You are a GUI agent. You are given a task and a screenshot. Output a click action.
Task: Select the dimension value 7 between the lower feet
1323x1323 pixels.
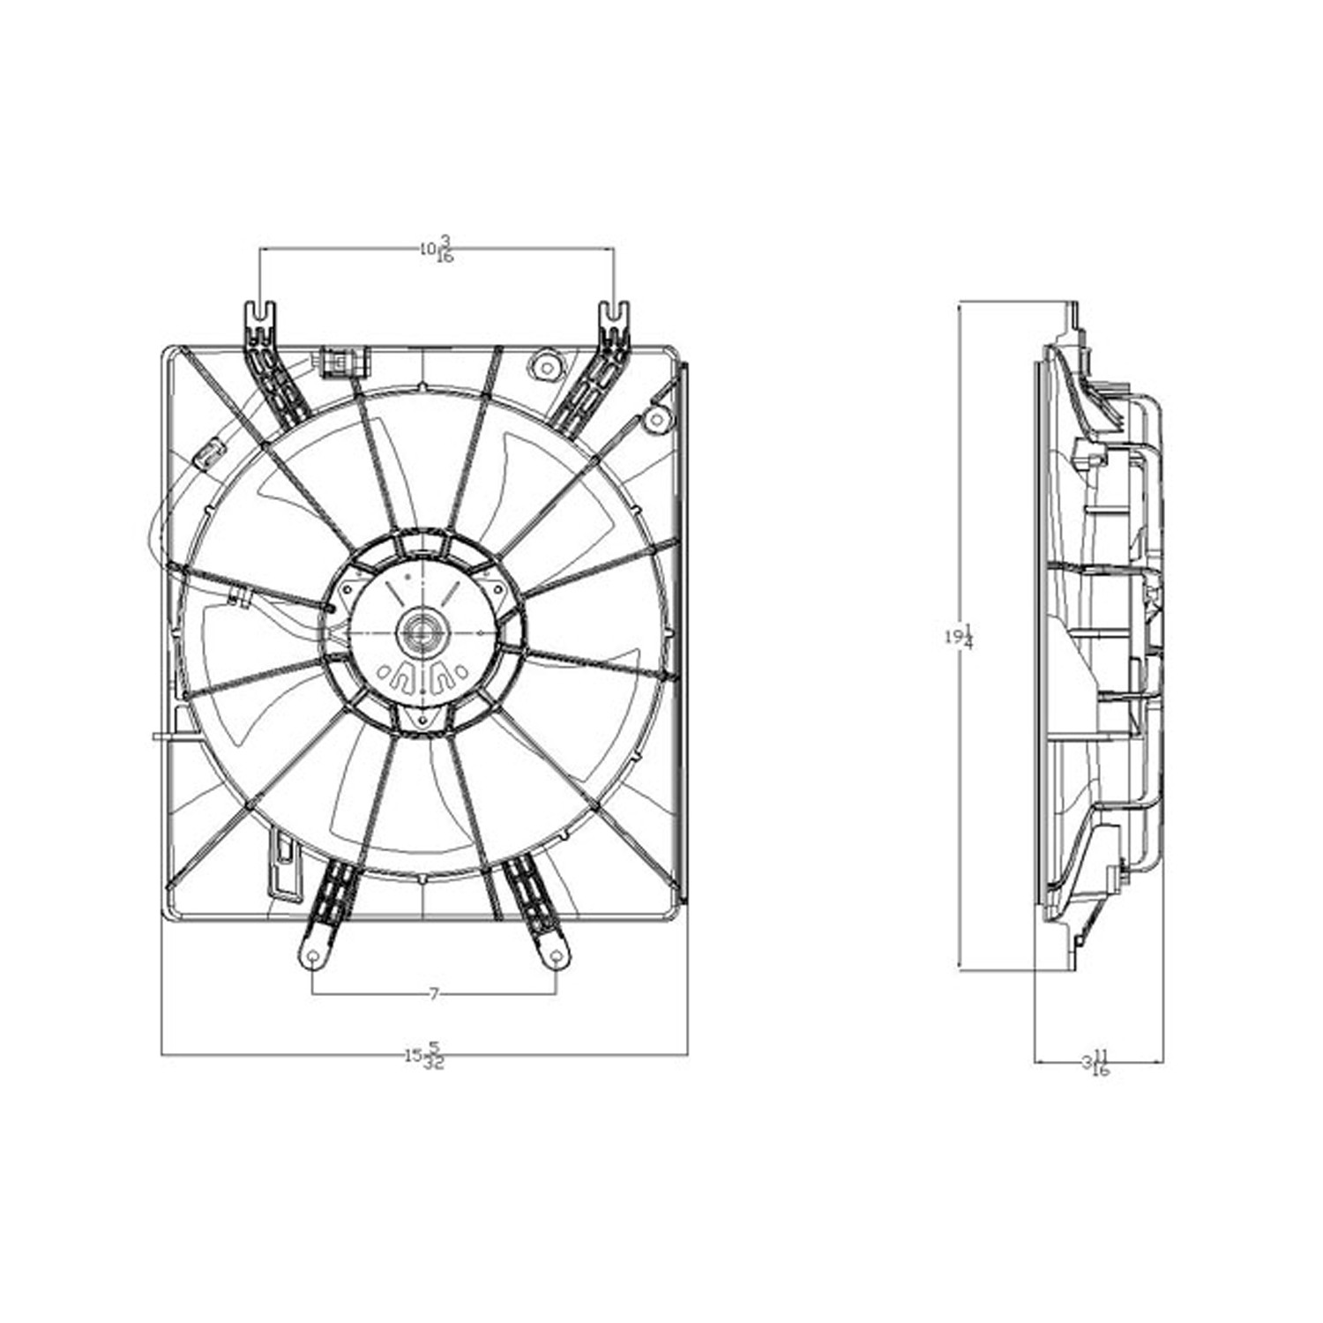point(433,995)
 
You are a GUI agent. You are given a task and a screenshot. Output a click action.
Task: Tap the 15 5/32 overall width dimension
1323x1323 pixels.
point(424,1055)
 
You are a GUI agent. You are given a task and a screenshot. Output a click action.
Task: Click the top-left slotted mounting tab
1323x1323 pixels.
point(258,318)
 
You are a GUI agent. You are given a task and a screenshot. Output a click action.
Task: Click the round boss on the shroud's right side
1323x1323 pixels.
point(654,419)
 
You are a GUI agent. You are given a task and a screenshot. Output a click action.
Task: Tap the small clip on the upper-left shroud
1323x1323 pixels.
point(206,455)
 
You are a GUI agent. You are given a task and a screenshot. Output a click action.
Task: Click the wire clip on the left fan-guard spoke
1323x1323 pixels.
point(236,600)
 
